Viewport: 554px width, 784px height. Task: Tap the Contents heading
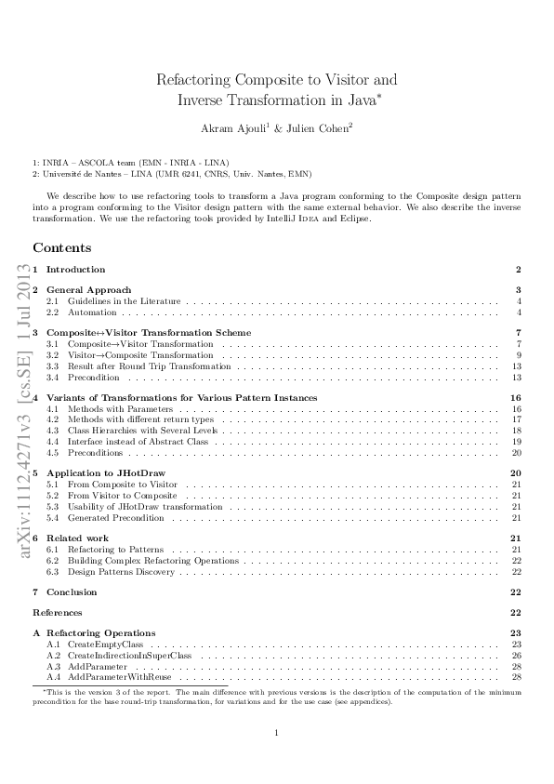click(62, 247)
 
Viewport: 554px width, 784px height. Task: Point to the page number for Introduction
click(517, 270)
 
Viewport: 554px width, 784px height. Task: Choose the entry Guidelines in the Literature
click(124, 301)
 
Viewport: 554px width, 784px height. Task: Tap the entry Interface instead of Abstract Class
click(138, 441)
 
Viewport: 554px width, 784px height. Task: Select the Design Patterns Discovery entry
click(121, 571)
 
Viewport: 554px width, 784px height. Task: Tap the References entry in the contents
click(57, 613)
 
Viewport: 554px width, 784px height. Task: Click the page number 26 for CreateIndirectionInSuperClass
click(516, 656)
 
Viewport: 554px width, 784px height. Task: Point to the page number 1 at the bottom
click(277, 734)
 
